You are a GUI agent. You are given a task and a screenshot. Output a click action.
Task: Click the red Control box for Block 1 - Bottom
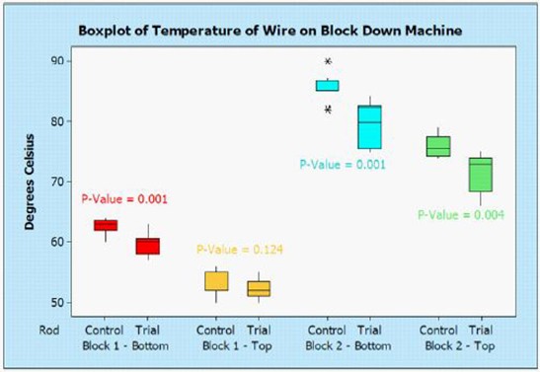(x=105, y=225)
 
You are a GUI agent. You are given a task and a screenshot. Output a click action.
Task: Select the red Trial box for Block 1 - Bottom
(x=147, y=246)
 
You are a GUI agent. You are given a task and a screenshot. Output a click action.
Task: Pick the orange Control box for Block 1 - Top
(x=216, y=281)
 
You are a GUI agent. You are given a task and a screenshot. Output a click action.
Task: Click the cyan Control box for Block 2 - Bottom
(x=327, y=85)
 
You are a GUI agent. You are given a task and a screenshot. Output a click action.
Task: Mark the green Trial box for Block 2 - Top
(x=481, y=174)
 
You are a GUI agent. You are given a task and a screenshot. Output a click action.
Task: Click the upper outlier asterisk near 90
(x=328, y=61)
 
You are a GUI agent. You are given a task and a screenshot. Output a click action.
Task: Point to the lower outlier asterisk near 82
(x=328, y=110)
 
